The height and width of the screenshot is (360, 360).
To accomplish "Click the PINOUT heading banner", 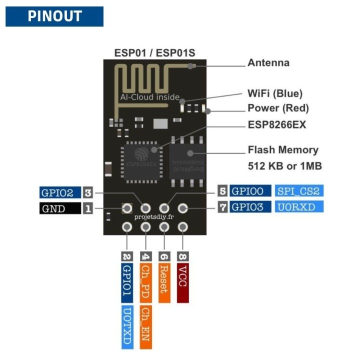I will click(54, 16).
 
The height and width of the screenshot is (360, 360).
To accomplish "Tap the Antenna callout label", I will click(268, 63).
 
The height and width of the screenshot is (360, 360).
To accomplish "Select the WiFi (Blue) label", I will click(275, 93).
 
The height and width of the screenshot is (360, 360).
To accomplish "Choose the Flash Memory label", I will click(283, 150).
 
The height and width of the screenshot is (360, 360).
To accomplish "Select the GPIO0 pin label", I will click(250, 190).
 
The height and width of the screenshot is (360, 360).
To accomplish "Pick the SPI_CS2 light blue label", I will click(299, 190).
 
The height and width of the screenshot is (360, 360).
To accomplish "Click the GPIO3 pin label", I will click(250, 206).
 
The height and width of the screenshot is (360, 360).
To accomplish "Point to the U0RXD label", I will click(299, 206).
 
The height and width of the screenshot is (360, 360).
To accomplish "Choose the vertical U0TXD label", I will click(127, 327).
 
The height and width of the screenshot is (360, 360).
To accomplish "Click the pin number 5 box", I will click(222, 190).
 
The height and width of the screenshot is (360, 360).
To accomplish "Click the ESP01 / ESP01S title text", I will click(154, 52).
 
